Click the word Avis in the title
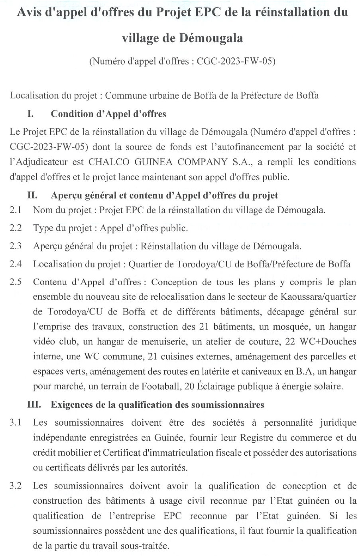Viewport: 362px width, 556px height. point(29,12)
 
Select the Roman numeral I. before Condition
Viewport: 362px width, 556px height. point(30,114)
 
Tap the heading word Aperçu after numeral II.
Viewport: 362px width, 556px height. point(67,196)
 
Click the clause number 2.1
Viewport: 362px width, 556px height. point(16,210)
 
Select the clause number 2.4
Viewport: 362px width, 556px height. point(16,264)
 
